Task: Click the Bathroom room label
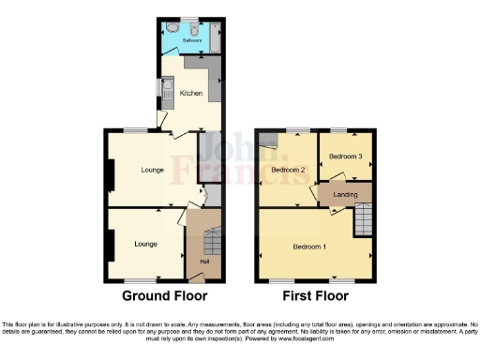tap(180, 42)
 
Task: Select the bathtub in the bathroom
tap(216, 37)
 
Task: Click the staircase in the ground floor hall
tap(212, 243)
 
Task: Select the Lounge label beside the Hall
tap(145, 244)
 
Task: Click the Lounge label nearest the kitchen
tap(153, 170)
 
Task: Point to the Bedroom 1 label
tap(309, 247)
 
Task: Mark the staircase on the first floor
tap(362, 221)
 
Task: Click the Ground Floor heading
tap(164, 295)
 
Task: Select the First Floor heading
tap(314, 295)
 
